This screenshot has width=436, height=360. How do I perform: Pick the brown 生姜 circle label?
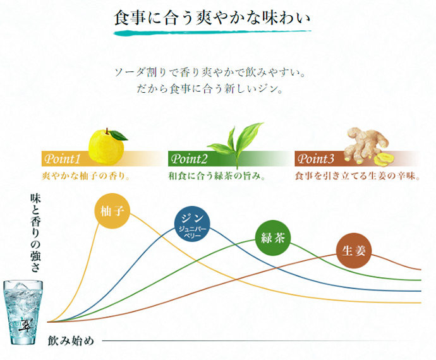353,250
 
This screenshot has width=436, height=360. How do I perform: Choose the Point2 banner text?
190,158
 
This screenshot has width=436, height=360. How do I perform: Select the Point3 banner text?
316,158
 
